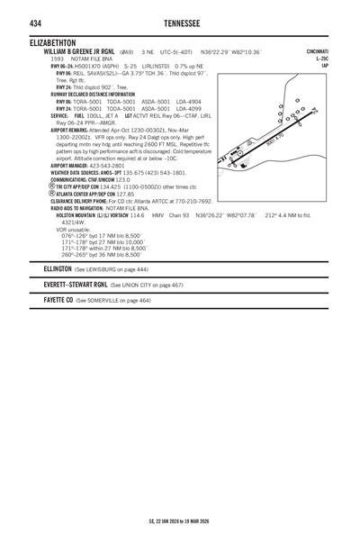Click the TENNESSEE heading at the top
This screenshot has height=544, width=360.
coord(179,23)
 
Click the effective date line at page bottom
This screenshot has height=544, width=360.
coord(179,521)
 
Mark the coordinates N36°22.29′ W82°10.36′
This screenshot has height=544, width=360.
coord(233,52)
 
